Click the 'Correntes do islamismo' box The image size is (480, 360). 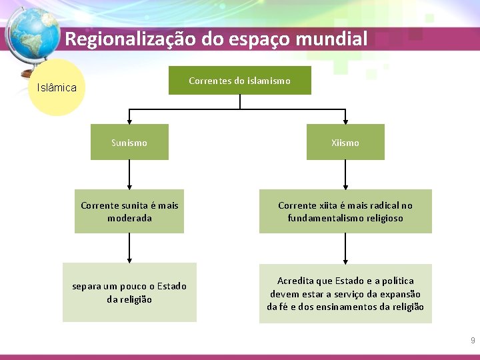point(239,81)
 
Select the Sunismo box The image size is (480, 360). point(129,142)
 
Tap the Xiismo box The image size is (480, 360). point(345,142)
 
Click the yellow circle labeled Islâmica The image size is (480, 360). point(57,87)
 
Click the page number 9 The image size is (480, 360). point(473,341)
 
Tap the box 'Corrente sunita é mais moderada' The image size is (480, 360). point(129,211)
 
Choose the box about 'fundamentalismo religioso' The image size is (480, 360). point(345,211)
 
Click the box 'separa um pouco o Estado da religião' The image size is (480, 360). point(129,293)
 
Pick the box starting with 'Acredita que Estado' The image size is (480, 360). point(345,293)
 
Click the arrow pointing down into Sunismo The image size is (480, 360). point(129,117)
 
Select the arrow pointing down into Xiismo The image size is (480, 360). point(345,117)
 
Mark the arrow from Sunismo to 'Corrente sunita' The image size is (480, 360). point(129,175)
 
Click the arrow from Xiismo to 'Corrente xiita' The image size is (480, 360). point(345,175)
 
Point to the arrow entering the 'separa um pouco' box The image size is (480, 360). point(129,248)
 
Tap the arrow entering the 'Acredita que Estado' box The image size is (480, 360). point(345,248)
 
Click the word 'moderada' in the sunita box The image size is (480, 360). point(129,218)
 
